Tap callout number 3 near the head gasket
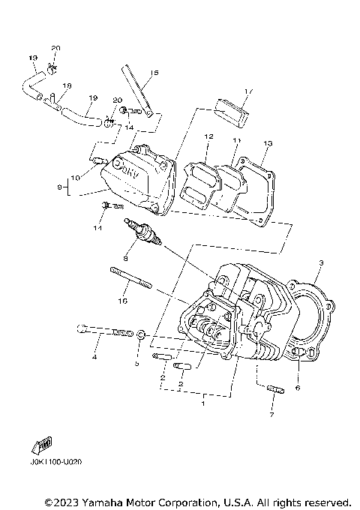click(x=321, y=263)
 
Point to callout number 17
click(x=249, y=91)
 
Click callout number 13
click(x=267, y=143)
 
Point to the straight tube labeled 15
click(x=137, y=89)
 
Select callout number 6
click(x=298, y=388)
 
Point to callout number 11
click(x=237, y=140)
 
